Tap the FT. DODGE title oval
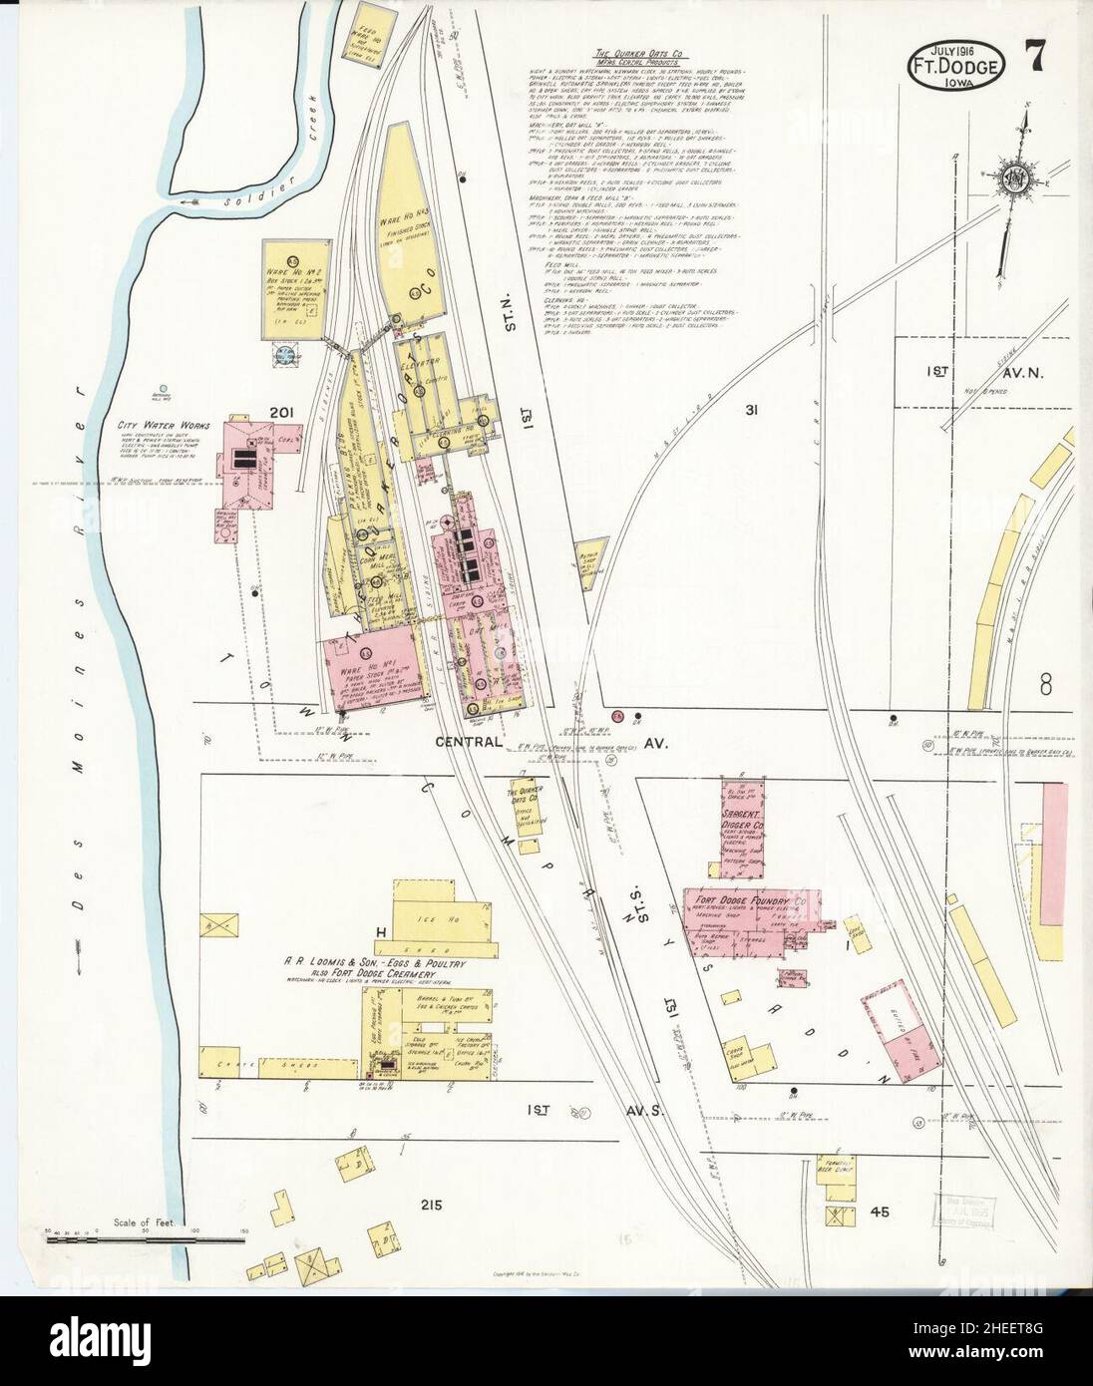point(954,66)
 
